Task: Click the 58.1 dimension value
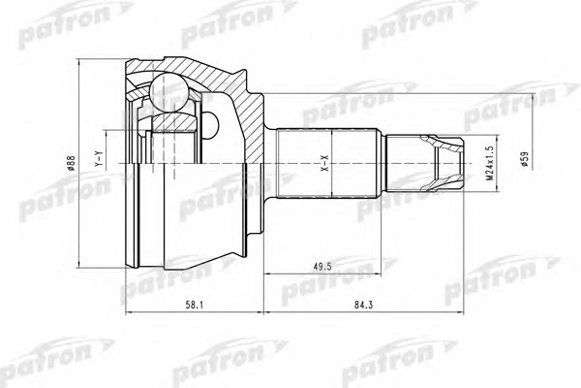tap(195, 306)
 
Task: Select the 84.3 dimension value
tap(363, 306)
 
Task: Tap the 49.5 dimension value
tap(322, 267)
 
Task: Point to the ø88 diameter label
tap(72, 163)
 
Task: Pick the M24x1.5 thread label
tap(490, 163)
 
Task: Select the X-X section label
tap(324, 163)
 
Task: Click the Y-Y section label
tap(98, 158)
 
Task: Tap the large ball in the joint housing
tap(168, 93)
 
